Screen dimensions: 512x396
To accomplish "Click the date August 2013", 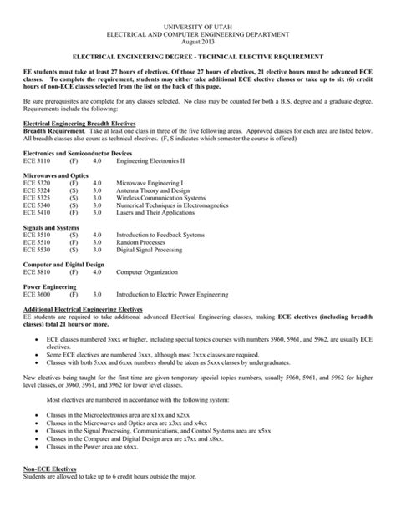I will (197, 38).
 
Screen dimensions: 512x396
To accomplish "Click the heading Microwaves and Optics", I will (54, 175).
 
